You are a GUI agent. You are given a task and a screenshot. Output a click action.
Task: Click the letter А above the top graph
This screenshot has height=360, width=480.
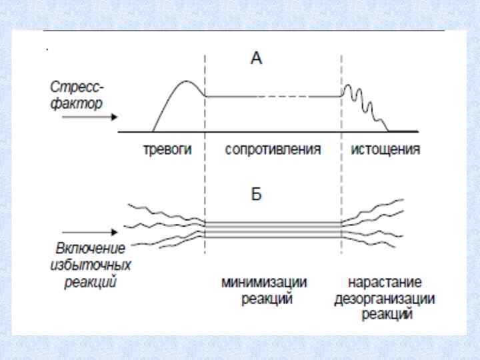tap(257, 59)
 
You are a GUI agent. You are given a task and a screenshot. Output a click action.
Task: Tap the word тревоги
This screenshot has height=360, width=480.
tap(167, 149)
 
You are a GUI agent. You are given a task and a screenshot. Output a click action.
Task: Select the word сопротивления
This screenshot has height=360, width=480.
tap(273, 149)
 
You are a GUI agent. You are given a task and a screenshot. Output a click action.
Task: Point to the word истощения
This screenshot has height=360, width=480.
tap(386, 149)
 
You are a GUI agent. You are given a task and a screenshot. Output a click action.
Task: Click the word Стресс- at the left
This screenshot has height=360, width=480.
tap(77, 87)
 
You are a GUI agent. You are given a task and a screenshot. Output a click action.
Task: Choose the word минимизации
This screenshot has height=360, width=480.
tap(265, 283)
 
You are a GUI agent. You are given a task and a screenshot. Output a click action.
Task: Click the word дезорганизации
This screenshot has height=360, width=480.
tap(385, 299)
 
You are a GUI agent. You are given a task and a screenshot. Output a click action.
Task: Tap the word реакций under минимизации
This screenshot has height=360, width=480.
tap(265, 299)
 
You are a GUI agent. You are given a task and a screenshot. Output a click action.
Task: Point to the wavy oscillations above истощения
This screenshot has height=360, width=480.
tap(363, 101)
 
